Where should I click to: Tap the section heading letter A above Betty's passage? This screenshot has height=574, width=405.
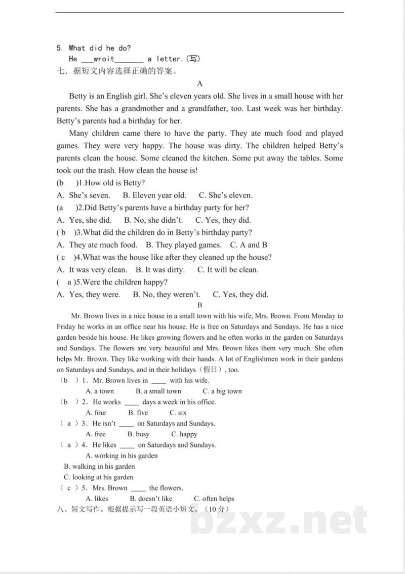point(200,84)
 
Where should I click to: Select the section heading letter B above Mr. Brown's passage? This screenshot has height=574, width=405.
point(200,305)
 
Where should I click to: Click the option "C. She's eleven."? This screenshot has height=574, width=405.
point(225,195)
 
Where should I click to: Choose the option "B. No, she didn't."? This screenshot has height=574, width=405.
point(153,220)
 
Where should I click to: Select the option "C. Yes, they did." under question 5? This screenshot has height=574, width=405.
point(240,295)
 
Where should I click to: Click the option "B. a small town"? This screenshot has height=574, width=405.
point(158,391)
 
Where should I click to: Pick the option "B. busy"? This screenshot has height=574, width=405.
point(139,434)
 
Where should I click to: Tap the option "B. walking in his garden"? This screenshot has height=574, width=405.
point(99,466)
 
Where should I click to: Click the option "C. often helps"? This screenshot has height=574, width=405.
point(214,499)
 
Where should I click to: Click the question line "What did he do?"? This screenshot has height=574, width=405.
point(99,48)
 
